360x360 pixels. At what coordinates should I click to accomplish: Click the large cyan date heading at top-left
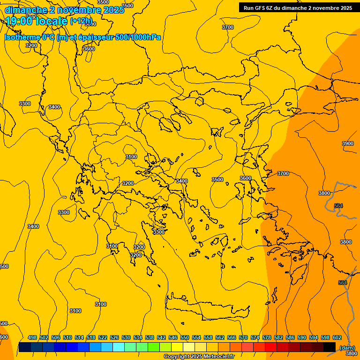(64, 10)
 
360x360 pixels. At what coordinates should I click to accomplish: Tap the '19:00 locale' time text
(37, 21)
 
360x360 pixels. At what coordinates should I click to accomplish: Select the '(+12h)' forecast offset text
(81, 21)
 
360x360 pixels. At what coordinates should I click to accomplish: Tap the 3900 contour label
(348, 143)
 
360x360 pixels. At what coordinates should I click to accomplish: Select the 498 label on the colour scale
(32, 337)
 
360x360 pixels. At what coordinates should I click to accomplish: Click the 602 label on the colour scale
(337, 337)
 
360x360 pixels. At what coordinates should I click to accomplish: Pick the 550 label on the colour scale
(185, 337)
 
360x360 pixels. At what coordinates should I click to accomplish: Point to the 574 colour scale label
(255, 337)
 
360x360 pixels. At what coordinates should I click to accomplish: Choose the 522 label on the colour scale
(103, 337)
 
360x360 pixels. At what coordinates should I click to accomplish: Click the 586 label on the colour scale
(290, 337)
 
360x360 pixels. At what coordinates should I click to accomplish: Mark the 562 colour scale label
(220, 337)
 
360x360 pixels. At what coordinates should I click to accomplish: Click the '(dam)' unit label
(347, 347)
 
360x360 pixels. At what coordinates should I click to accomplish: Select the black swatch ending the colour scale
(330, 347)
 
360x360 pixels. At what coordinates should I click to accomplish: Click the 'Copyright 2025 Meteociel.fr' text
(198, 357)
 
